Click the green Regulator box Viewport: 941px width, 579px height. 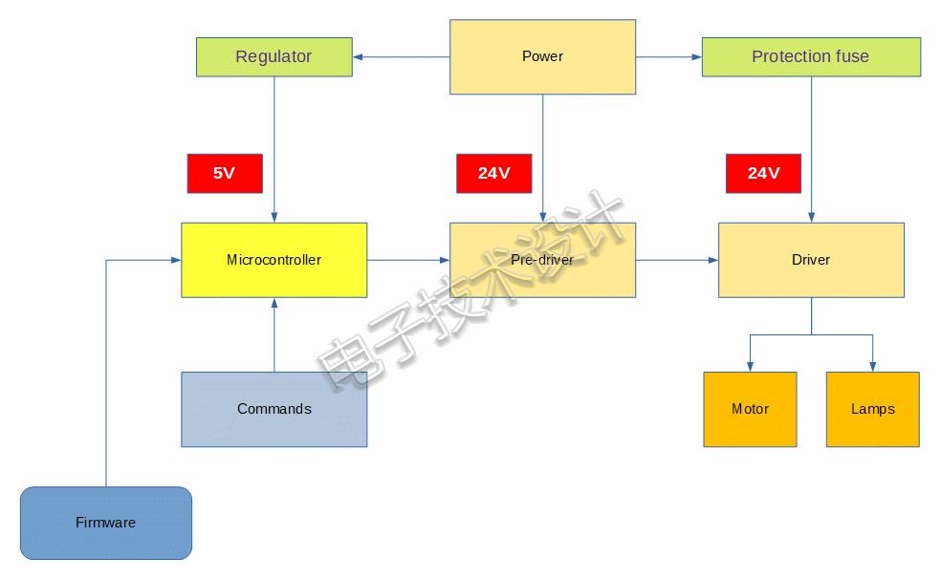274,57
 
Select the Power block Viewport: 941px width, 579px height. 542,57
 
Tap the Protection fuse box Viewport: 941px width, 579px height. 811,57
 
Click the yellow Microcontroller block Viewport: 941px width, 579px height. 274,260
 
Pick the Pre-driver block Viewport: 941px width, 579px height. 542,260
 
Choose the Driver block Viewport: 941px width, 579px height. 811,260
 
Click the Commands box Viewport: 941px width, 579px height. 274,409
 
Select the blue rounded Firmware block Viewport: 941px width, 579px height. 106,524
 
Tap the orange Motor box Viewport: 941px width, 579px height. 750,409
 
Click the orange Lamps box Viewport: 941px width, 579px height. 872,409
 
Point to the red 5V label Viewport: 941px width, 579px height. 225,173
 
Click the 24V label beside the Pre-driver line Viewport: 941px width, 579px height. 493,173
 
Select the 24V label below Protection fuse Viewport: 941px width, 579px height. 763,173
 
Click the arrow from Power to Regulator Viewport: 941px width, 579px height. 402,57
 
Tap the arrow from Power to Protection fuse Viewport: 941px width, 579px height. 668,57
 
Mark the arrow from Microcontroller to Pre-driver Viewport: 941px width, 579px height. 408,260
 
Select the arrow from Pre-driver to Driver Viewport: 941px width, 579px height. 677,260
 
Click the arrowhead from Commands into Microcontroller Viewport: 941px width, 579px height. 274,303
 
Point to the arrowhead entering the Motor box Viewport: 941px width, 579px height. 750,367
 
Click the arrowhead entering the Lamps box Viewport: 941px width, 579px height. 872,367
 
